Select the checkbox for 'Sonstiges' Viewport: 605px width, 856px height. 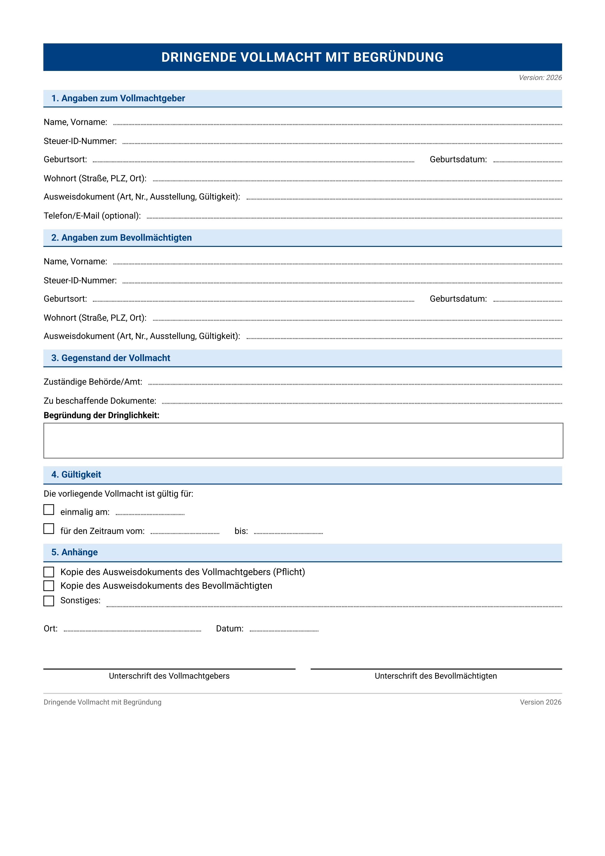click(x=49, y=601)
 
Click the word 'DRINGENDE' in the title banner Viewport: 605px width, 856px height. click(x=199, y=58)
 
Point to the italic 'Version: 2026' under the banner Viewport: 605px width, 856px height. click(x=540, y=78)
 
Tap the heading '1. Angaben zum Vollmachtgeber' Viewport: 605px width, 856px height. click(x=118, y=98)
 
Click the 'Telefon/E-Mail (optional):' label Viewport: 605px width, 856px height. click(x=92, y=216)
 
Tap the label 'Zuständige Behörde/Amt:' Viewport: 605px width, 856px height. click(x=93, y=382)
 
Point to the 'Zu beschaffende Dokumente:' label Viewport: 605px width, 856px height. click(x=100, y=401)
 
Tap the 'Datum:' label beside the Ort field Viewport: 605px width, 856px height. click(x=230, y=629)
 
